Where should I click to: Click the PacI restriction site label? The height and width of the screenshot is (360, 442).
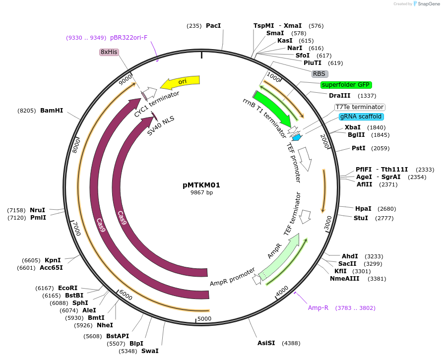(213, 25)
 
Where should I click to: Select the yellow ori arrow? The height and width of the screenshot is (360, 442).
(181, 81)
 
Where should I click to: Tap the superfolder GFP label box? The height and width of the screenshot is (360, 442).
(346, 84)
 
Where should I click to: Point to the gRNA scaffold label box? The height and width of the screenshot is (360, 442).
(361, 117)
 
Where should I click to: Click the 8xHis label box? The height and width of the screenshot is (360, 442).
(109, 52)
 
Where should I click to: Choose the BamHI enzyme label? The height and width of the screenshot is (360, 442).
(52, 111)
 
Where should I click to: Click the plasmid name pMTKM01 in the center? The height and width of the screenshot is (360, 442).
(201, 185)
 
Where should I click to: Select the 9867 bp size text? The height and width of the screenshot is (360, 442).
(201, 192)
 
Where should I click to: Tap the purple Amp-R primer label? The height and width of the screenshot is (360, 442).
(318, 307)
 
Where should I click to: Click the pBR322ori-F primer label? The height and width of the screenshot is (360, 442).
(129, 38)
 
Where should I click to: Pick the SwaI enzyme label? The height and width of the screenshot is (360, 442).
(150, 351)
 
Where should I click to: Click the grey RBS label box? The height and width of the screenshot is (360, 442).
(319, 74)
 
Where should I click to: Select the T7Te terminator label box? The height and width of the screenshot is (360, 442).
(360, 107)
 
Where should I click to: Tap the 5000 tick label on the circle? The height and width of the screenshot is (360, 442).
(204, 318)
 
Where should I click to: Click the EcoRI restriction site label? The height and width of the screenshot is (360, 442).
(68, 288)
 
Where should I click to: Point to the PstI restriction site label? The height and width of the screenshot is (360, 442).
(359, 148)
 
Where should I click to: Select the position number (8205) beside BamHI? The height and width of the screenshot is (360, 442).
(27, 111)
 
